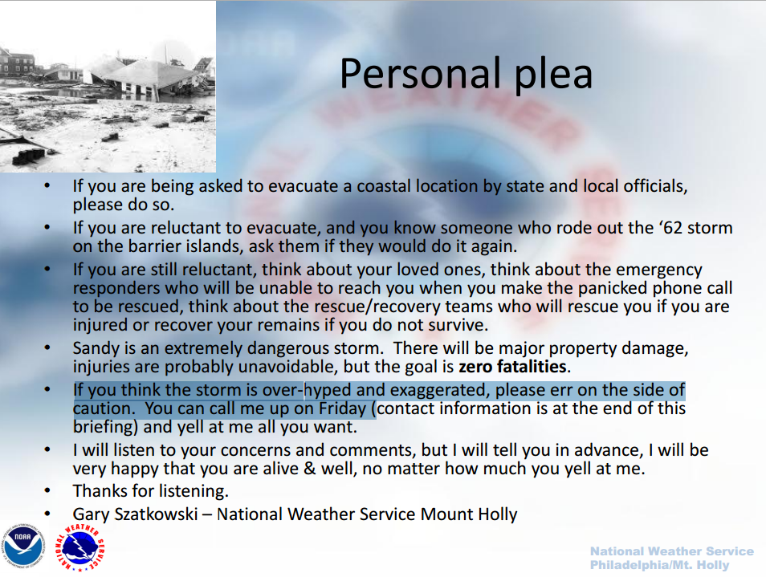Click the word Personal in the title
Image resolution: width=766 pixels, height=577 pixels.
(421, 74)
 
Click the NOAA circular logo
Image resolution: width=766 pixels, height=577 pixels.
(23, 547)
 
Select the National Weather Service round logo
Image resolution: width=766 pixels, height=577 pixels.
(80, 547)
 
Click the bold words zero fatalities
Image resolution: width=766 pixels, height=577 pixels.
(512, 367)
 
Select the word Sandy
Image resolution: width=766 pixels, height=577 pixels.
(96, 348)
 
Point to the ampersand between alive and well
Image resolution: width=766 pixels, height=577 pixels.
(309, 469)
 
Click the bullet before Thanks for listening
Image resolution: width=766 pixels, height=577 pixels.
(47, 490)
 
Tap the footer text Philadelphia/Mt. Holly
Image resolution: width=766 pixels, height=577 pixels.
(659, 565)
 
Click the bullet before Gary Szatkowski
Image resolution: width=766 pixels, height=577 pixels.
(47, 514)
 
